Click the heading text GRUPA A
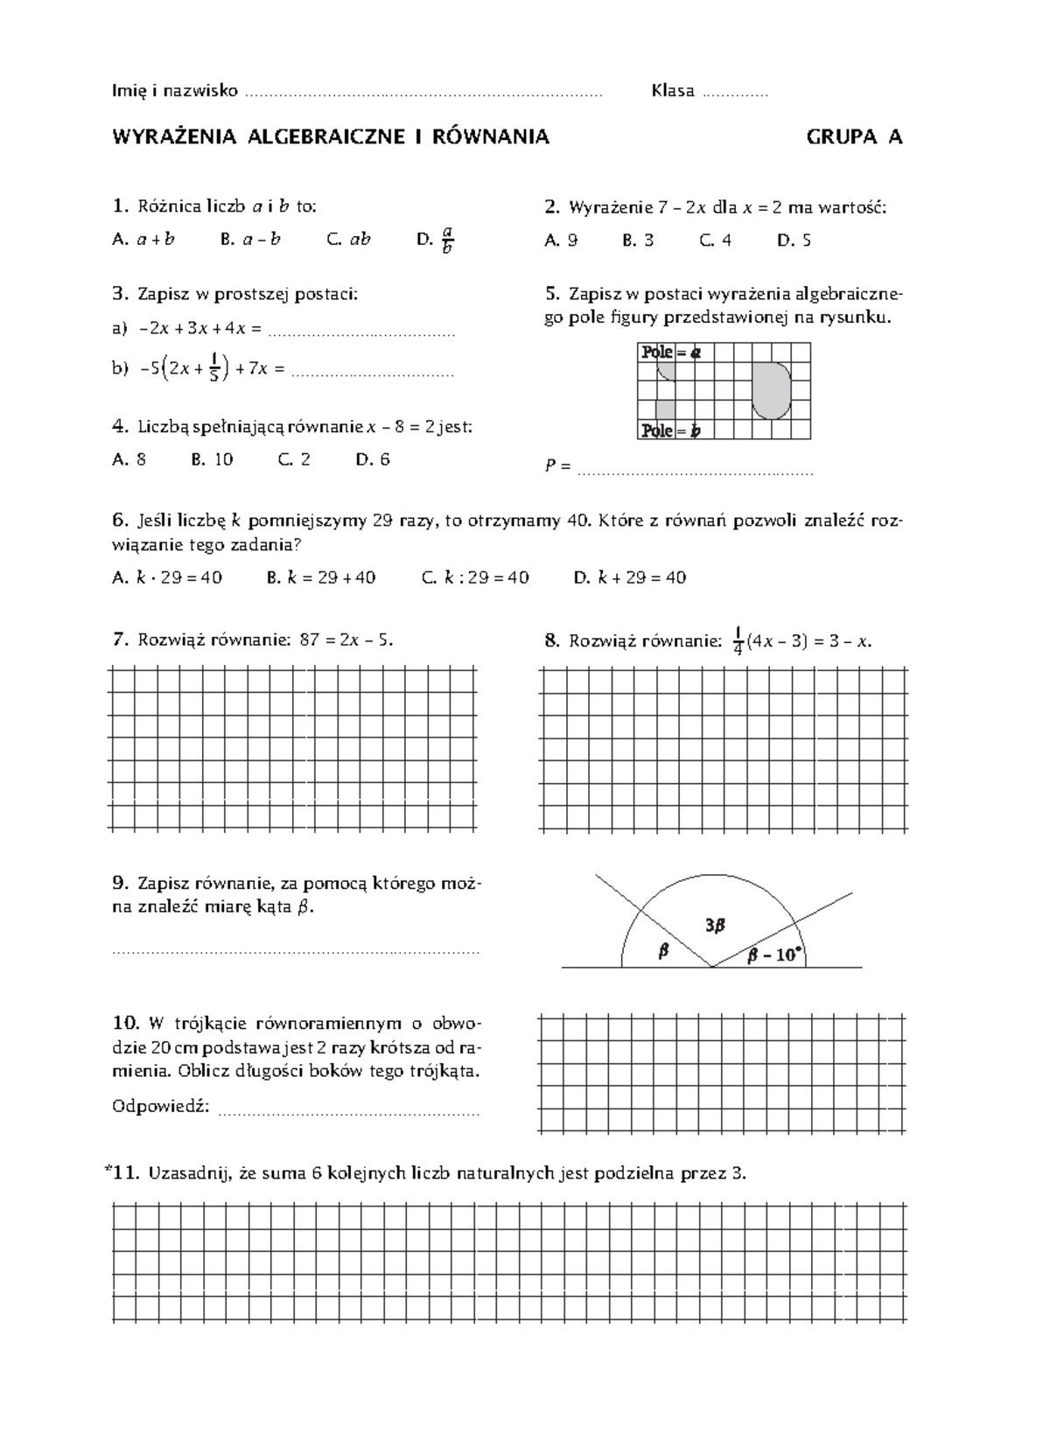coord(854,136)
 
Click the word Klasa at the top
coord(672,91)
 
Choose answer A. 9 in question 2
coord(560,240)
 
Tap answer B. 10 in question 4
coord(212,459)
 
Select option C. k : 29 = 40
coord(475,577)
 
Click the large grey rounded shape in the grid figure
coord(771,390)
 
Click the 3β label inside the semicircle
coord(717,925)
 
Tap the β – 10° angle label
coord(773,955)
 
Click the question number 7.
coord(121,640)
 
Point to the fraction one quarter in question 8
coord(738,641)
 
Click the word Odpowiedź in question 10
coord(161,1106)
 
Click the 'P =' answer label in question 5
coord(557,466)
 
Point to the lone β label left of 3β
coord(663,951)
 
